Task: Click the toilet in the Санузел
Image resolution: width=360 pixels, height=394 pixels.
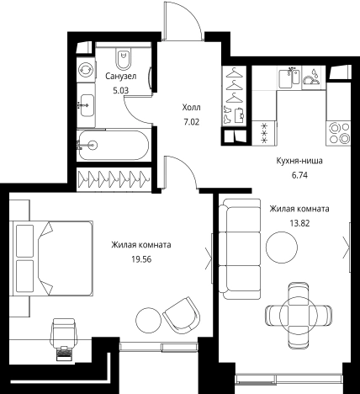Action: click(124, 59)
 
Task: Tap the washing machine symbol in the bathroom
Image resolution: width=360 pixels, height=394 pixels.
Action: click(86, 69)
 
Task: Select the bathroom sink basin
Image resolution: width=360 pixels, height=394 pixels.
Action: click(87, 105)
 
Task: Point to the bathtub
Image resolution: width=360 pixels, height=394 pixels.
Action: click(114, 145)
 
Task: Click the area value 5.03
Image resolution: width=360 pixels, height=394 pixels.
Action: click(120, 91)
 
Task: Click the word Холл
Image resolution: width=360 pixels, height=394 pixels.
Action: click(192, 108)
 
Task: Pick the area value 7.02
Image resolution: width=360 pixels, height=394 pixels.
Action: click(192, 122)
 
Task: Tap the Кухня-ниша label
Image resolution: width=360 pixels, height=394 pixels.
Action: click(299, 161)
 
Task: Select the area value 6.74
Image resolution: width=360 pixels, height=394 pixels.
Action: click(299, 175)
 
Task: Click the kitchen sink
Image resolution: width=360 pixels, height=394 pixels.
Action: click(289, 77)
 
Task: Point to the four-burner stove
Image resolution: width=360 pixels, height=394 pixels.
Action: click(339, 133)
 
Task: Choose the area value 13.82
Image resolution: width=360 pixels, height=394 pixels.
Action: click(299, 223)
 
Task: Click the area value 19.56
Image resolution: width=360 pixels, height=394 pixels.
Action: click(141, 259)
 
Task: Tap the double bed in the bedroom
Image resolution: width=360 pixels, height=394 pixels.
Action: click(51, 258)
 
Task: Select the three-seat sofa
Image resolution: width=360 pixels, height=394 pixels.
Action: click(240, 249)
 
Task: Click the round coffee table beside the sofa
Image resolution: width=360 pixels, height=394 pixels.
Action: click(282, 248)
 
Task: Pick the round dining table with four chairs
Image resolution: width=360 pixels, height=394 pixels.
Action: click(299, 312)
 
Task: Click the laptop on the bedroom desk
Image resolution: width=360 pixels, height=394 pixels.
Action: click(64, 354)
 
